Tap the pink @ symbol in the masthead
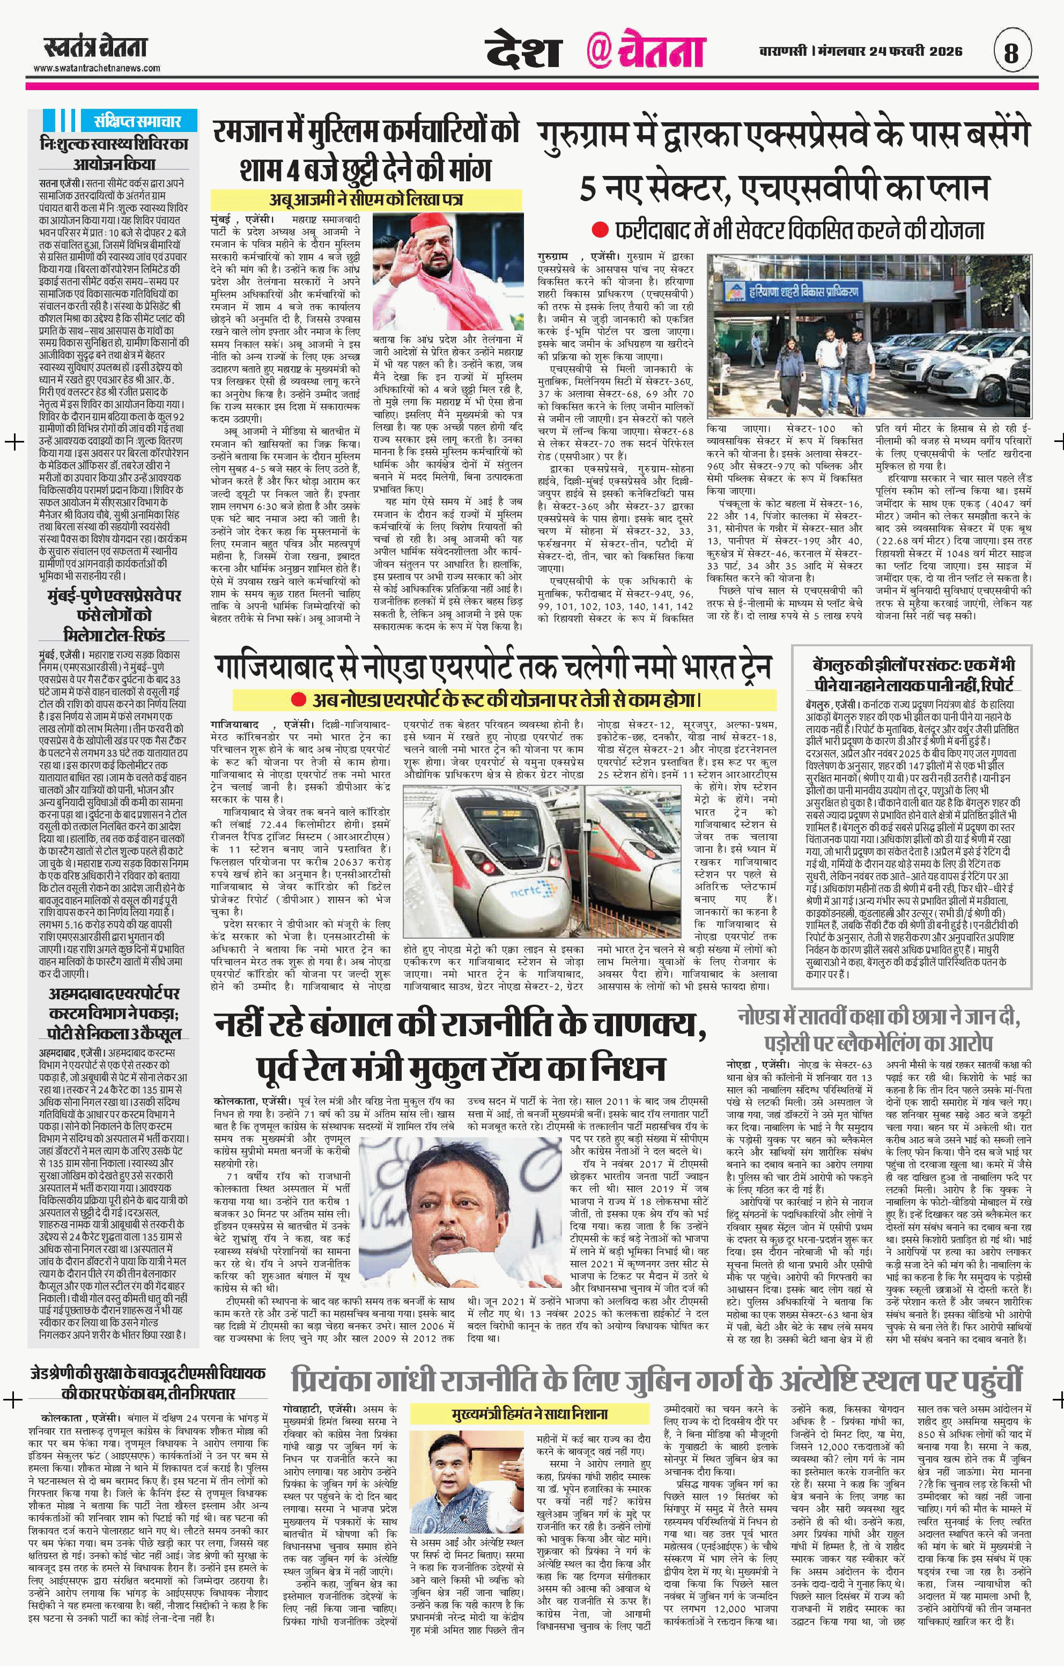tap(598, 52)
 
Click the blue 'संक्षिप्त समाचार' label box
tap(136, 121)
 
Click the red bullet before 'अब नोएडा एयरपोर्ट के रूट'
tap(298, 699)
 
